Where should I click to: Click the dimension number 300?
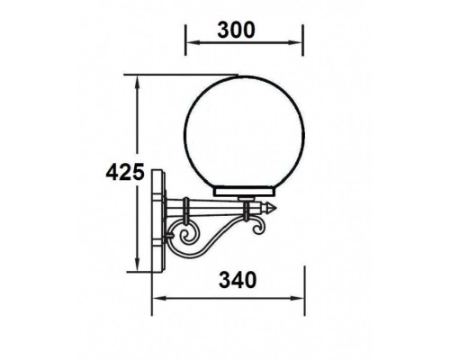pos(242,28)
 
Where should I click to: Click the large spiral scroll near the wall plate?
pos(190,241)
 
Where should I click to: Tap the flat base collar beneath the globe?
pos(244,193)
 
